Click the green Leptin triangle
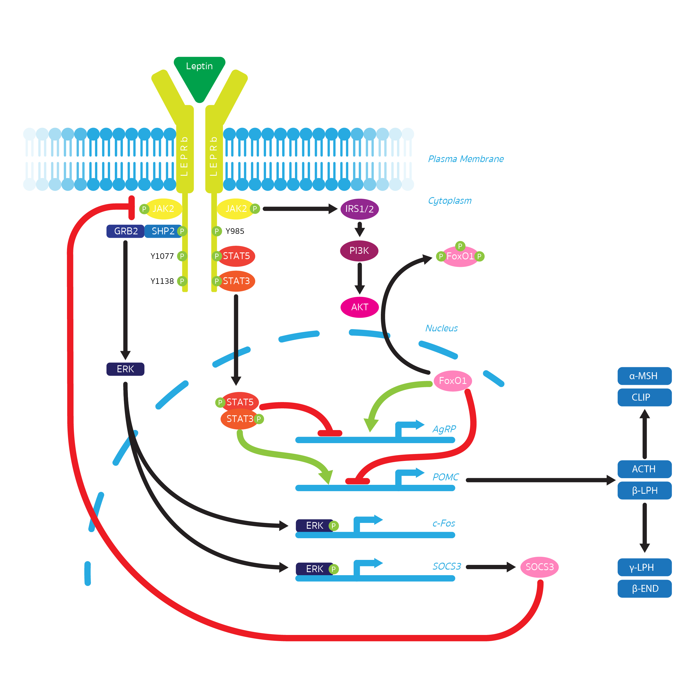[199, 74]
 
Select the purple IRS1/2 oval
[359, 209]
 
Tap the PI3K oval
[359, 251]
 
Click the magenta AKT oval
[359, 307]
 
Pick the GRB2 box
[126, 231]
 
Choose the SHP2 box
[163, 231]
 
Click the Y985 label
[235, 231]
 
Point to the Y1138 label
[162, 281]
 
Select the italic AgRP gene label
[444, 429]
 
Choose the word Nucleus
[441, 328]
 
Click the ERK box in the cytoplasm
[125, 369]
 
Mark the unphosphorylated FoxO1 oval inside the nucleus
[453, 381]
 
